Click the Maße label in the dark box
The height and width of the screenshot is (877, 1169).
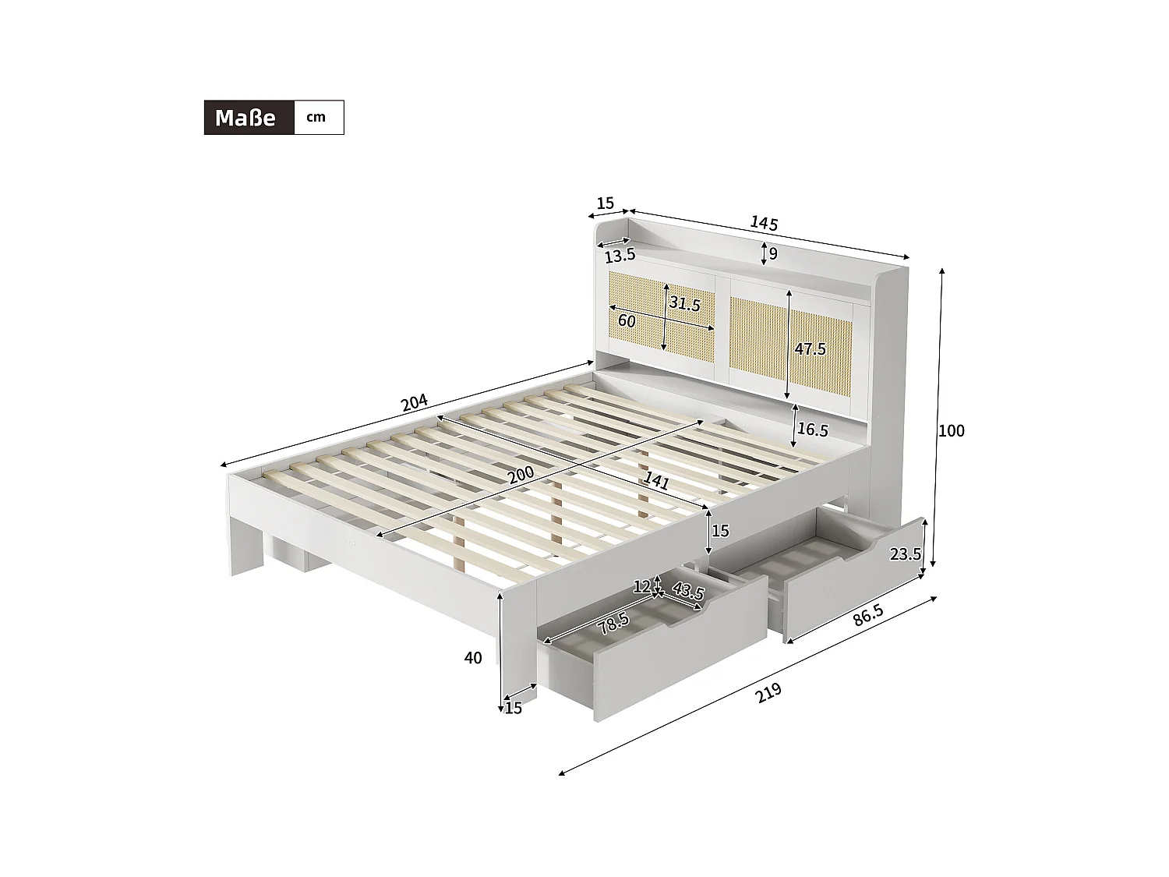[x=245, y=118]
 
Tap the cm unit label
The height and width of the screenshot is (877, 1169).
[x=316, y=118]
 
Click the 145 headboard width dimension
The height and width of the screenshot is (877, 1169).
[x=764, y=223]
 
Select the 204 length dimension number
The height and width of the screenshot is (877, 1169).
[x=414, y=403]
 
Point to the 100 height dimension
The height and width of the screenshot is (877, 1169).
[x=952, y=430]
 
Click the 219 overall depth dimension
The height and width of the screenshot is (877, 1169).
[x=768, y=692]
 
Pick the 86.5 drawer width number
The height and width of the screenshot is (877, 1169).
[x=868, y=614]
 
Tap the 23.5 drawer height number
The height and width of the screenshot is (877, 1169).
[x=906, y=554]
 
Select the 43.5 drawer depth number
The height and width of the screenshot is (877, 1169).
[x=688, y=592]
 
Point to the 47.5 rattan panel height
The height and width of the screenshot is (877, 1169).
[x=810, y=349]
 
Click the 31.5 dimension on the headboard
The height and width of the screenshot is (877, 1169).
[x=685, y=303]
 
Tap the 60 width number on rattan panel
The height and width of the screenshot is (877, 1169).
[x=627, y=320]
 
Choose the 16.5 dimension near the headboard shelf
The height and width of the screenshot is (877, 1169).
[x=812, y=430]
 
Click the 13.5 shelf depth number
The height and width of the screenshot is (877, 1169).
[x=620, y=255]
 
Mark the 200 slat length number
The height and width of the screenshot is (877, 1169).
[x=521, y=474]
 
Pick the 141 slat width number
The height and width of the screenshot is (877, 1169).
[x=657, y=481]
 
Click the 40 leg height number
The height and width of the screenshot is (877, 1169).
[x=473, y=658]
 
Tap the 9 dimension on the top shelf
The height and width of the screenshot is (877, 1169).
[x=773, y=253]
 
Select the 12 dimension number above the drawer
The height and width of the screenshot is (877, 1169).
[x=641, y=586]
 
